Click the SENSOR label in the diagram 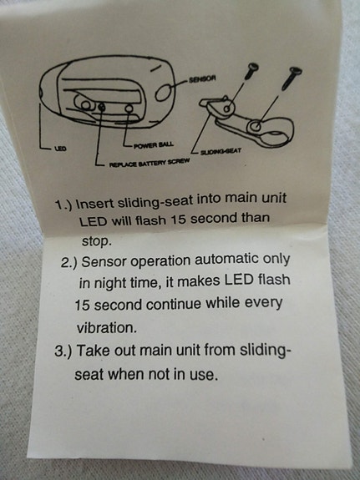click(202, 79)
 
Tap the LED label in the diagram click(60, 149)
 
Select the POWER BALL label click(154, 144)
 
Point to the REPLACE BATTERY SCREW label click(150, 162)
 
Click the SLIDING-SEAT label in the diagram click(221, 151)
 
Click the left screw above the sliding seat click(251, 71)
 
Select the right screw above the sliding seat click(292, 78)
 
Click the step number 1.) click(63, 205)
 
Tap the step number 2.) click(69, 263)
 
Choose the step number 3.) click(63, 351)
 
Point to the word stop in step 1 click(96, 242)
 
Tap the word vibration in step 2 click(106, 328)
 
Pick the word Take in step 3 click(94, 351)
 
